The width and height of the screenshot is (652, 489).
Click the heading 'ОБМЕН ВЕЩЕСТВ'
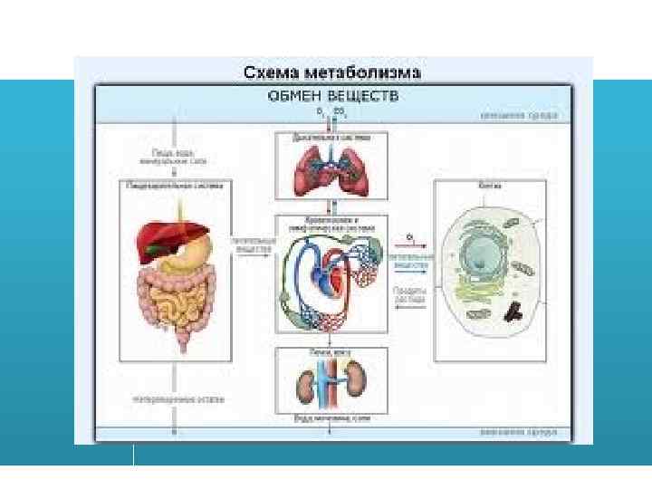click(x=332, y=95)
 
